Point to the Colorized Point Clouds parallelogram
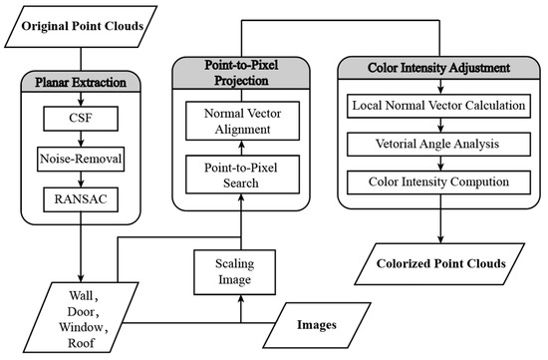pyautogui.click(x=439, y=267)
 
